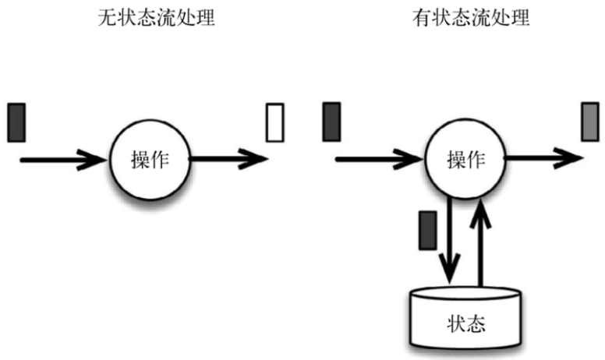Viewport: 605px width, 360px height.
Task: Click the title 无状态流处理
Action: (150, 17)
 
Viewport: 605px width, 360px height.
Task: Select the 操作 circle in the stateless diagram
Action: (149, 160)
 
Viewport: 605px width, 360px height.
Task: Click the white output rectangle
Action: (274, 123)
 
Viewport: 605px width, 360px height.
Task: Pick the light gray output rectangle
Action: (590, 122)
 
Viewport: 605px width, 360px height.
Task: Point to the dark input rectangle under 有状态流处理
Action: (331, 122)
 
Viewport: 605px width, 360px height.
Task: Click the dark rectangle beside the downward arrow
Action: (427, 230)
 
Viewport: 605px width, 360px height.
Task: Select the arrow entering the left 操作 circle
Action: (62, 160)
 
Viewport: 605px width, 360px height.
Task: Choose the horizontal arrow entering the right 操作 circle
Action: (378, 160)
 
